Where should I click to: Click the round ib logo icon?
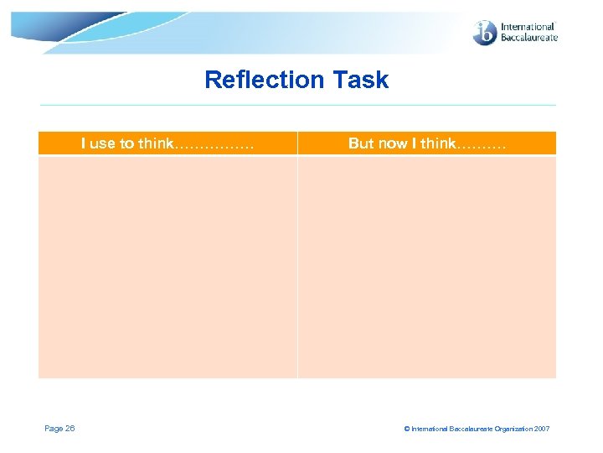coord(485,33)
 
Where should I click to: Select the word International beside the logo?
coord(528,27)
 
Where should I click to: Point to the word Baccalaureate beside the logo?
coord(528,39)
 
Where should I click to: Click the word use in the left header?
coord(102,143)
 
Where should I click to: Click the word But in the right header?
coord(361,143)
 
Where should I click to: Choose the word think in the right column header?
coord(438,143)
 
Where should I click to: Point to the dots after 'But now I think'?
coord(482,144)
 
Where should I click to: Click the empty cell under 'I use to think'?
coord(167,267)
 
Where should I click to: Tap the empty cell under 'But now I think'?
coord(427,267)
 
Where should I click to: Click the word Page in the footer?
coord(54,429)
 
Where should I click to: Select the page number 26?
coord(70,429)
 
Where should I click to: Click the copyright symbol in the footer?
coord(407,430)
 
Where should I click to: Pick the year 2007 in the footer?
coord(541,430)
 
